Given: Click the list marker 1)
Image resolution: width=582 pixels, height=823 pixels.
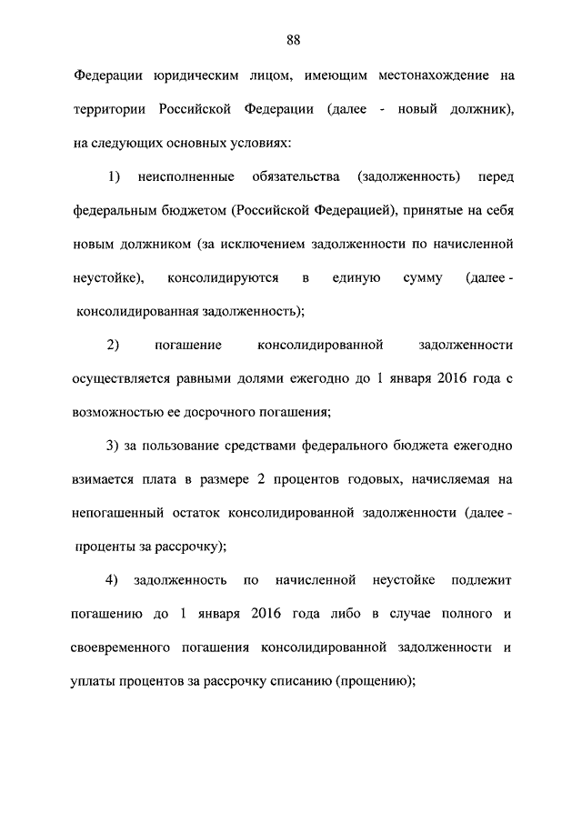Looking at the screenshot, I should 114,176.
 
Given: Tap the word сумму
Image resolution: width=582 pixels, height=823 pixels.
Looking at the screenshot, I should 422,277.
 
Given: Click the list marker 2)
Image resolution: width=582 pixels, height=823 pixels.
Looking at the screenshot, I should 114,345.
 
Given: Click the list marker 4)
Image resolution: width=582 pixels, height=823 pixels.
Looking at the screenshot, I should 114,580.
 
